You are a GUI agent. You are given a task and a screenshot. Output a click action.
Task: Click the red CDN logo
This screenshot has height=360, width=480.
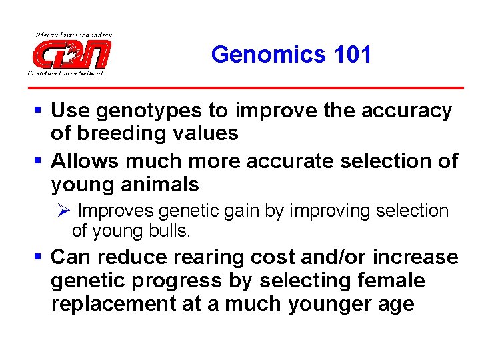pyautogui.click(x=71, y=53)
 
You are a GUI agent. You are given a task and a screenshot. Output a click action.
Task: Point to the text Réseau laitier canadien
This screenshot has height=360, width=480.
pyautogui.click(x=73, y=35)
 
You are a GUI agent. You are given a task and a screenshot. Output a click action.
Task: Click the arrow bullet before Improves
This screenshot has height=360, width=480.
pyautogui.click(x=64, y=211)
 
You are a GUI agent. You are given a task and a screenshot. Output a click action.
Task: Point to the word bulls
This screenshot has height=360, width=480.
pyautogui.click(x=173, y=231)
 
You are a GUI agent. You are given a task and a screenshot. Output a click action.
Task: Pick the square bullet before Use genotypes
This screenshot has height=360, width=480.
pyautogui.click(x=41, y=111)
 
